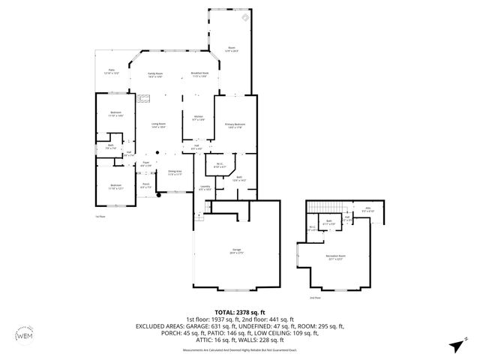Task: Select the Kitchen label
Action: pos(199,118)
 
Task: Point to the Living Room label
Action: pos(158,125)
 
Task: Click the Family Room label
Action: pos(156,75)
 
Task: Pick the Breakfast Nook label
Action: pos(199,75)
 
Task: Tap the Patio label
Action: pos(110,74)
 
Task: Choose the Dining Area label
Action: pos(174,172)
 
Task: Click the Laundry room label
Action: pos(205,188)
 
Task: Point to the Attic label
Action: pos(367,210)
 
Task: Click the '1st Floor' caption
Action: pos(100,216)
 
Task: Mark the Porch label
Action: pos(146,187)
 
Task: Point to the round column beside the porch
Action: pos(158,195)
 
